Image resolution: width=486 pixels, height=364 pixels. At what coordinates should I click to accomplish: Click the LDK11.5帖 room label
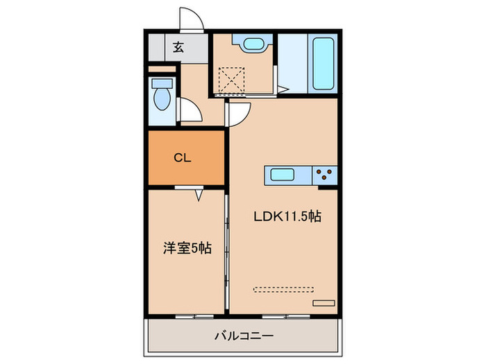[x=286, y=216]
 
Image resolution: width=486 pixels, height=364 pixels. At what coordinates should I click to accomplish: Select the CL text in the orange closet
[x=182, y=157]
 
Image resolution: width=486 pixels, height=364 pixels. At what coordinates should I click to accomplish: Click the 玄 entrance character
[x=178, y=48]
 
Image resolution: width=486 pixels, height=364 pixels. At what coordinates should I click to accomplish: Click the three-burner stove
[x=324, y=175]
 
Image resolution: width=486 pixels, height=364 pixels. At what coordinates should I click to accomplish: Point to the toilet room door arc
[x=189, y=110]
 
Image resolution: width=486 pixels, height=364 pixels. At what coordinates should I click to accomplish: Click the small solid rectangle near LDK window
[x=324, y=303]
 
